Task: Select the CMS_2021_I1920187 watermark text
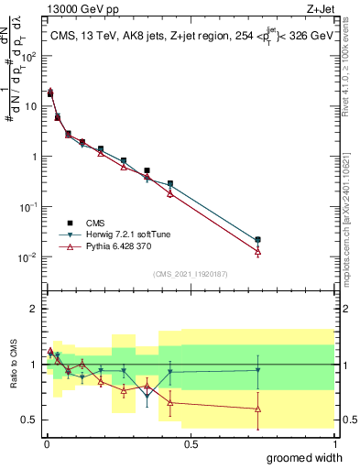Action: click(190, 274)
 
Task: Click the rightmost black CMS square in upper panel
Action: click(257, 240)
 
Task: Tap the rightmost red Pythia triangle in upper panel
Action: click(257, 251)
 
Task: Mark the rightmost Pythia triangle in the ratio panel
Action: click(257, 409)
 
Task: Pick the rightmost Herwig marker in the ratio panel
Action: click(257, 370)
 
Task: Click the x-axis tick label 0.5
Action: click(189, 442)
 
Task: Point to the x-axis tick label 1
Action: click(333, 442)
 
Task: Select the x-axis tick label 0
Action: click(45, 442)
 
